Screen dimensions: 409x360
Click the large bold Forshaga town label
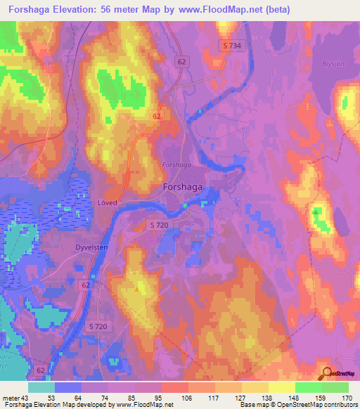click(184, 188)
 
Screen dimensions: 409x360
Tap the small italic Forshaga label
click(176, 164)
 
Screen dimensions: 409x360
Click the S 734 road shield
click(231, 45)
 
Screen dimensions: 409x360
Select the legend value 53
click(51, 397)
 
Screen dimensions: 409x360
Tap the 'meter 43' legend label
click(15, 397)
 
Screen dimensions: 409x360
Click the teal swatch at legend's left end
click(41, 387)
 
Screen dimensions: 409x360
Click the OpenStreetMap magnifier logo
click(326, 374)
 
